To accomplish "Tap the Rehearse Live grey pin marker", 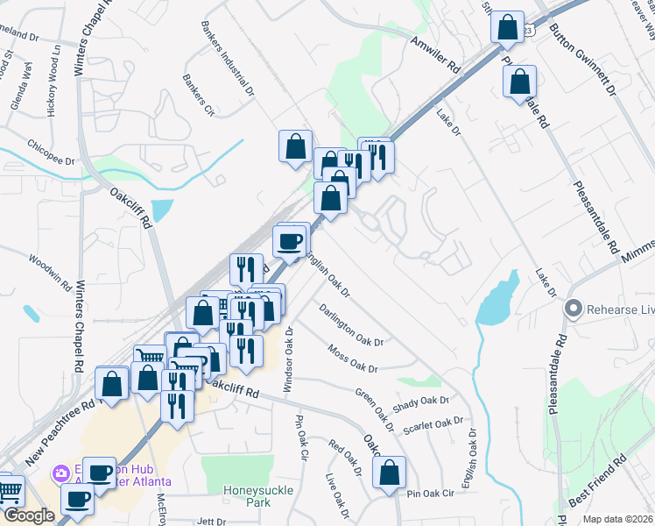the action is [x=574, y=309].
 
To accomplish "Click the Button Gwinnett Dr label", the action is [x=582, y=60].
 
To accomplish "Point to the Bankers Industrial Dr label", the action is [x=227, y=58].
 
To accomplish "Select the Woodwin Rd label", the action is [x=49, y=271].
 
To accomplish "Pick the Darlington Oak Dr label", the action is [x=351, y=323].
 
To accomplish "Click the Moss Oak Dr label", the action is [x=352, y=359].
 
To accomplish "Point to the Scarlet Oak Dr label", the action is [x=433, y=424].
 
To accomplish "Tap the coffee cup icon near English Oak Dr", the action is [x=290, y=241].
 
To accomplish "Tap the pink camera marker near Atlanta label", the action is [x=60, y=474].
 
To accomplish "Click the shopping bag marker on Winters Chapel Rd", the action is [x=112, y=383].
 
